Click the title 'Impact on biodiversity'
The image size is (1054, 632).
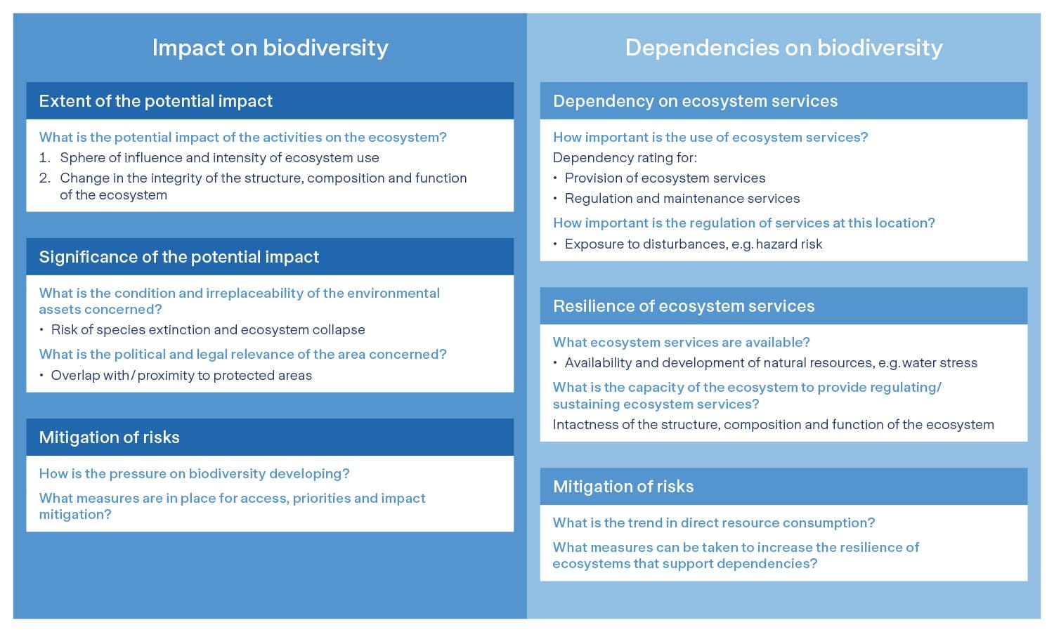[270, 48]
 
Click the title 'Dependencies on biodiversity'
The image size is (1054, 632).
[783, 48]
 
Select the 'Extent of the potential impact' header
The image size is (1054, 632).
[155, 101]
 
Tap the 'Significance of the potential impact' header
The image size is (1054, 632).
[178, 257]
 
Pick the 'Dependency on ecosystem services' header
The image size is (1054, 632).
[695, 101]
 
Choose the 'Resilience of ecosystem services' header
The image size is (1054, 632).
[684, 306]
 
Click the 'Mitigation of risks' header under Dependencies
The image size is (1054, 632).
[623, 487]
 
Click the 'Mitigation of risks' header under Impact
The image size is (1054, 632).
[109, 437]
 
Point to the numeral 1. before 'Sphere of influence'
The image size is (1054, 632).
[44, 158]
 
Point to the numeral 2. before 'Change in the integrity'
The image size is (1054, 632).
[44, 178]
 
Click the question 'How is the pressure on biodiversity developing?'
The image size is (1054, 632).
[194, 474]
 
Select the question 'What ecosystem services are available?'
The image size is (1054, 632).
[681, 343]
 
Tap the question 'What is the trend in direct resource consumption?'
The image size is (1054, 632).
[713, 523]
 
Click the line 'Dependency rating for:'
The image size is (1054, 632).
[625, 158]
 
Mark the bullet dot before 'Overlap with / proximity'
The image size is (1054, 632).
[42, 376]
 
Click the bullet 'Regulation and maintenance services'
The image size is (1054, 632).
[682, 199]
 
